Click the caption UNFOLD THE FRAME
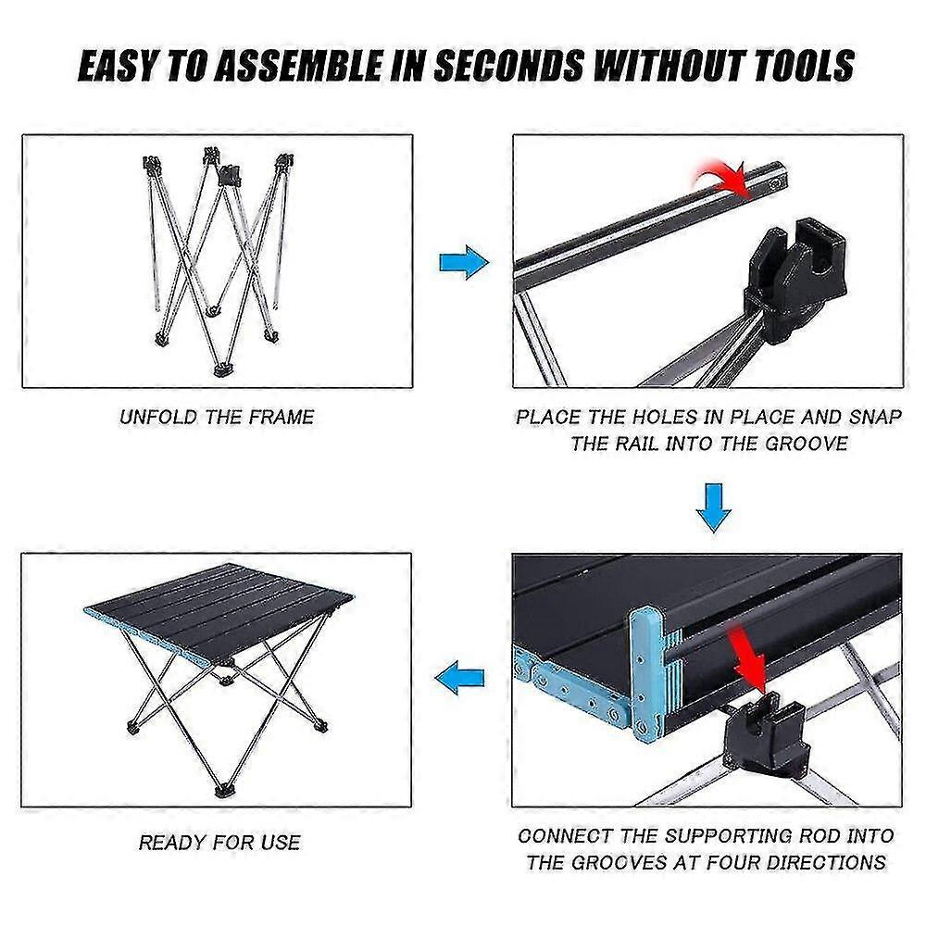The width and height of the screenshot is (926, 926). [217, 418]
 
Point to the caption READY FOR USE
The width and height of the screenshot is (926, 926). [219, 842]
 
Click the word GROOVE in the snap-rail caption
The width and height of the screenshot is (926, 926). [807, 444]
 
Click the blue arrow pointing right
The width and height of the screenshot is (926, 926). [464, 262]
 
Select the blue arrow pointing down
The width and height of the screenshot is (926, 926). [714, 507]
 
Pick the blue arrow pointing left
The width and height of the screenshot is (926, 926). [459, 678]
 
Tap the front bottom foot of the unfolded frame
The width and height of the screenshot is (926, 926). [222, 370]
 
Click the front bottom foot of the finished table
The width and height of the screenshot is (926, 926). [223, 790]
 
